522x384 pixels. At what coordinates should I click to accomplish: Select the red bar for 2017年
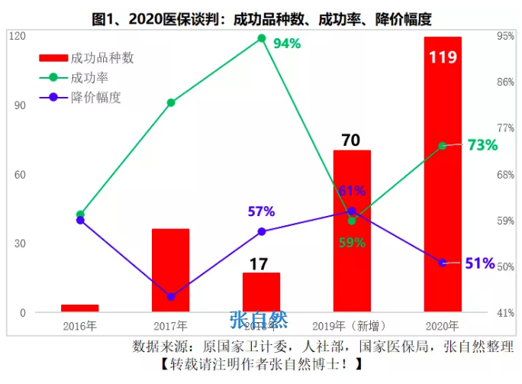click(x=170, y=270)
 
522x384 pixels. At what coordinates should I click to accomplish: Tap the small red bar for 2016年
click(x=80, y=308)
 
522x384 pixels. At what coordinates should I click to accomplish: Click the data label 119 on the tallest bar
click(x=443, y=57)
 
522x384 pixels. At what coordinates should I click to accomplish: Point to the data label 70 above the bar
click(x=351, y=140)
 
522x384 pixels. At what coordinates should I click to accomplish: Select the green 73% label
click(x=482, y=145)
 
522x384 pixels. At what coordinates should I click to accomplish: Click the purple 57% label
click(x=261, y=211)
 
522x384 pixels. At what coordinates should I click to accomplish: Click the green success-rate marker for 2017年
click(x=171, y=102)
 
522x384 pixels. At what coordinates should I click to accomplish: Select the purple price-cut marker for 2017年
click(x=171, y=296)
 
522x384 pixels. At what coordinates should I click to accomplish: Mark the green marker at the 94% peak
click(x=261, y=37)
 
